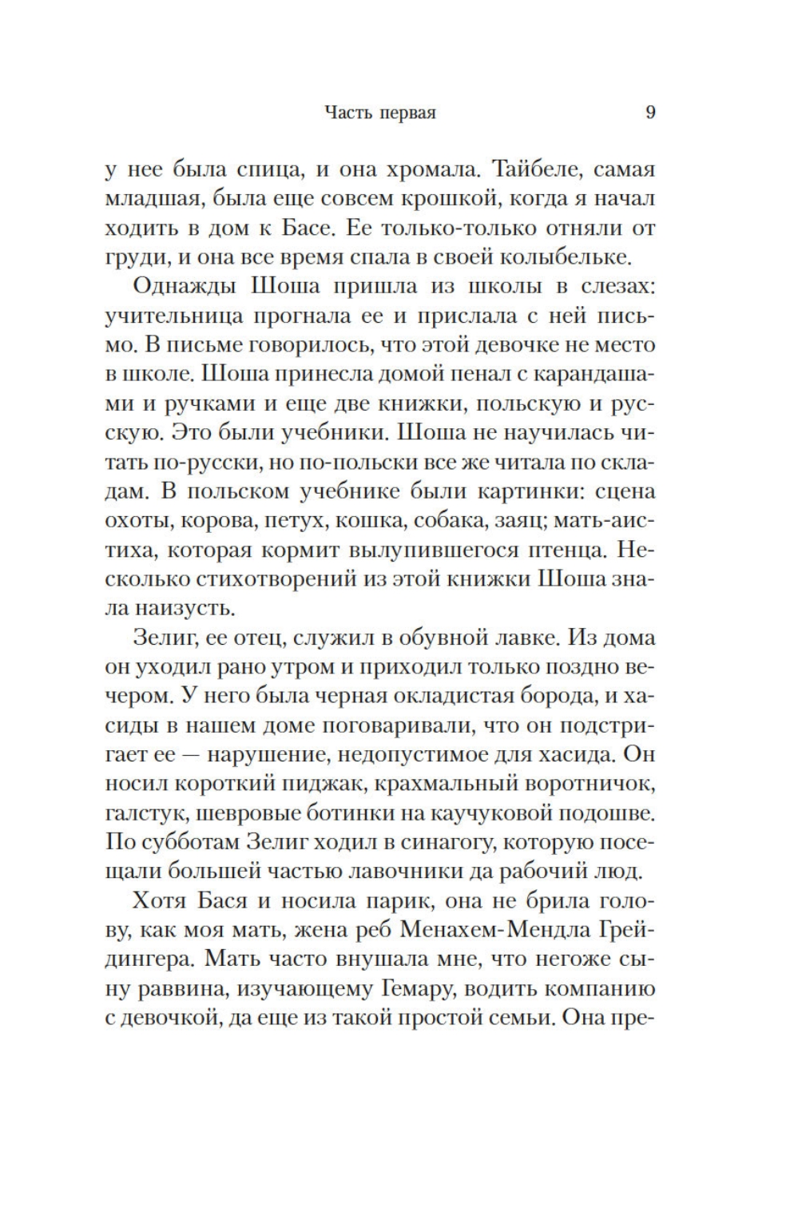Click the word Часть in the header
(348, 113)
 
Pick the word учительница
(174, 316)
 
